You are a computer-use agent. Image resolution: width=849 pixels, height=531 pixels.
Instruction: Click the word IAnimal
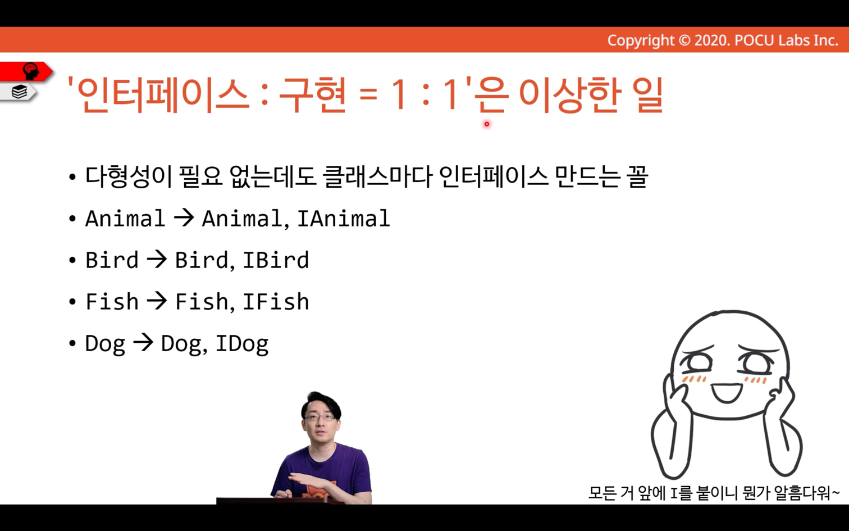pos(344,219)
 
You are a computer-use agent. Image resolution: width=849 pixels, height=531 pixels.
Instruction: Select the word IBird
pos(276,260)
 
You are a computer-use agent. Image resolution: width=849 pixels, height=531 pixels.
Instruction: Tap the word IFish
pos(276,302)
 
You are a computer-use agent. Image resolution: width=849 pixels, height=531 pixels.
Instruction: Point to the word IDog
pos(242,344)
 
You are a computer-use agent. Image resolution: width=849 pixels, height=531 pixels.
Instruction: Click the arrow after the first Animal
pos(184,219)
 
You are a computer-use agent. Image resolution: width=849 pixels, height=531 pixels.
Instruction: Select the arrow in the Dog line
pos(143,343)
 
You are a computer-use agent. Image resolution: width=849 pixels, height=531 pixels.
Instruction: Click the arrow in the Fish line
pos(157,302)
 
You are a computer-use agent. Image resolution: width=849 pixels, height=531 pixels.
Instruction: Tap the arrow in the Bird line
pos(157,260)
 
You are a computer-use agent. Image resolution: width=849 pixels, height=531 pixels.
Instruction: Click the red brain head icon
pos(31,71)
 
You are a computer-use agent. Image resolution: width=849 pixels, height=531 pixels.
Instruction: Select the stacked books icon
pos(19,92)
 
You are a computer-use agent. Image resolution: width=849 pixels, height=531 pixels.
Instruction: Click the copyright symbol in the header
pos(684,40)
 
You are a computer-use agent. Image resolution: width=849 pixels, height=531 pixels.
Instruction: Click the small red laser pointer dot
pos(487,124)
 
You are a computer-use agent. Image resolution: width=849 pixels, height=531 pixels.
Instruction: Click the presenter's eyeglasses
pos(319,417)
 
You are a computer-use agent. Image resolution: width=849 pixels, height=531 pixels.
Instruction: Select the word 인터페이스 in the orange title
pos(163,95)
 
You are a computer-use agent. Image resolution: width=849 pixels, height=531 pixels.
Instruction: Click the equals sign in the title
pos(368,95)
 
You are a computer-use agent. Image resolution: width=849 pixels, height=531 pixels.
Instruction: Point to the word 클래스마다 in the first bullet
pos(378,177)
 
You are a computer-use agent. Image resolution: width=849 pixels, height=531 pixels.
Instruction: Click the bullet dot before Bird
pos(72,261)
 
